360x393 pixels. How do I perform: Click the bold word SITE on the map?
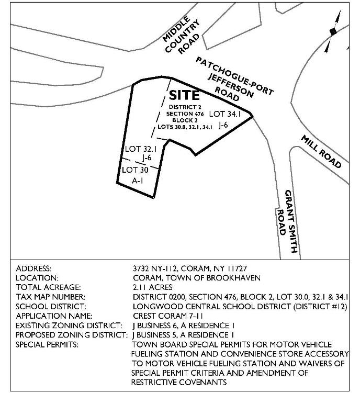(184, 96)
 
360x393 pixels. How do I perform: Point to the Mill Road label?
(321, 152)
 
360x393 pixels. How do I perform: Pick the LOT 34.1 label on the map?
(224, 113)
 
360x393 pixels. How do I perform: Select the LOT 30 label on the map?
(136, 170)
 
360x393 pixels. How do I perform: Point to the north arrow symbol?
(331, 32)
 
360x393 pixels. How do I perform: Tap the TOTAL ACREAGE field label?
(49, 287)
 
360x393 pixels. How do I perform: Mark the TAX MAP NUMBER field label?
(52, 297)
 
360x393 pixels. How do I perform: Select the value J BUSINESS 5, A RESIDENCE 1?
(184, 334)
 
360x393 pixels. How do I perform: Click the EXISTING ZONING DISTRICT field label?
(69, 325)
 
